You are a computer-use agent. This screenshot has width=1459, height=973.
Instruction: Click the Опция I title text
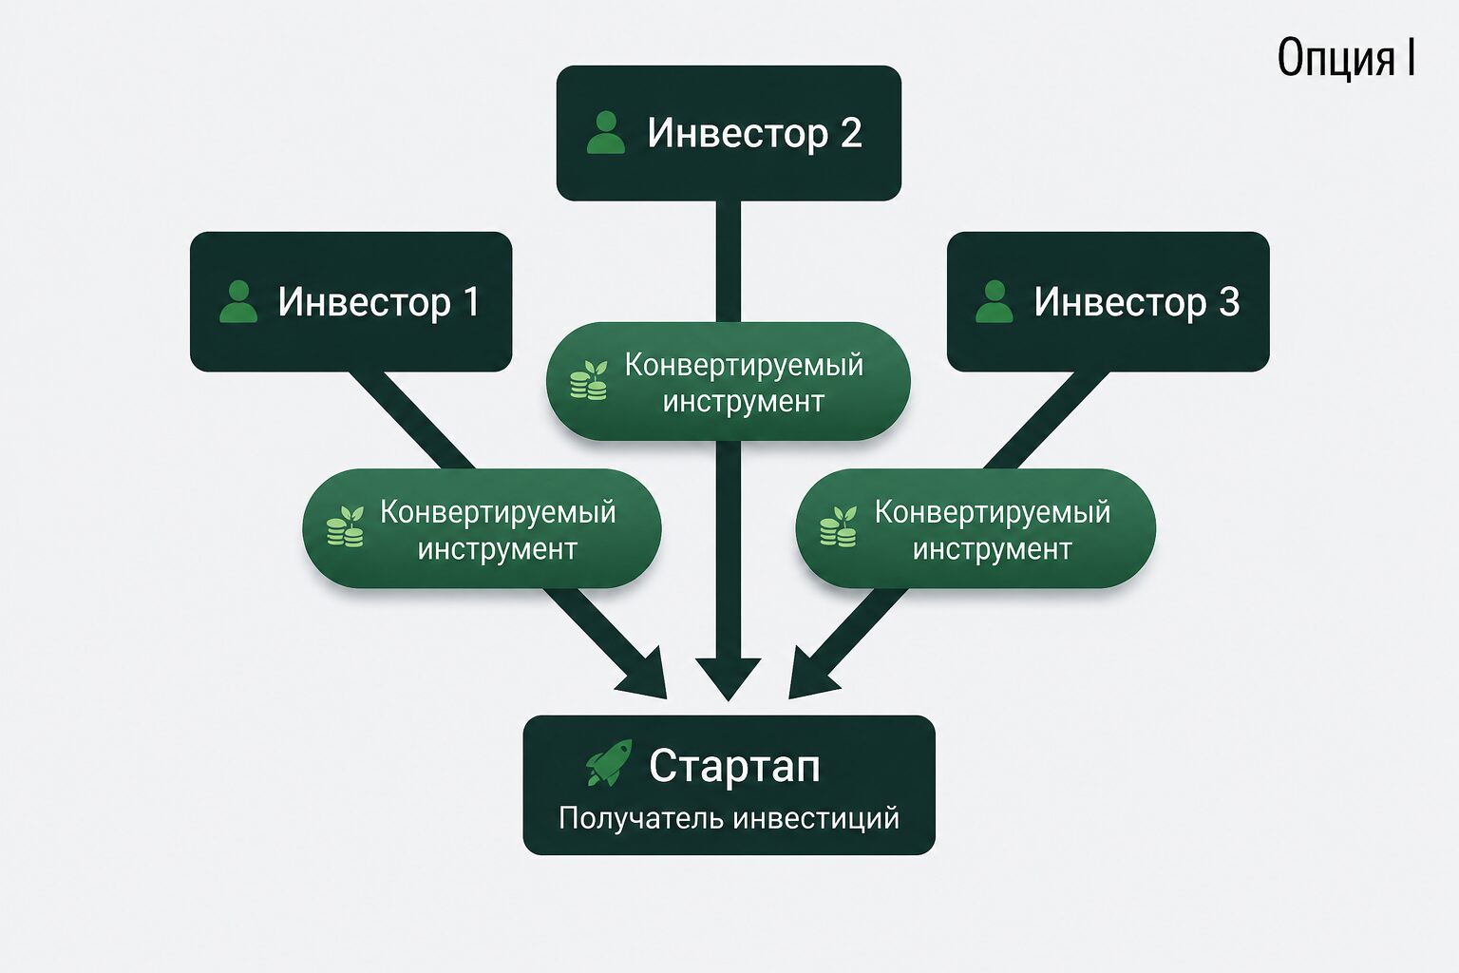[1346, 58]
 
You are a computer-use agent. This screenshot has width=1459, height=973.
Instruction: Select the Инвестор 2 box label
[754, 133]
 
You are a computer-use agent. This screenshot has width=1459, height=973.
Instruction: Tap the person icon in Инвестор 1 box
[238, 301]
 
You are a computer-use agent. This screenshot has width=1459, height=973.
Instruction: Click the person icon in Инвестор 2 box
[606, 132]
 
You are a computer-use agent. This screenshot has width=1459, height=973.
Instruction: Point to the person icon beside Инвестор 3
[995, 301]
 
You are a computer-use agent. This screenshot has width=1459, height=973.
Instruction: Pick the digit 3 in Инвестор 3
[1228, 302]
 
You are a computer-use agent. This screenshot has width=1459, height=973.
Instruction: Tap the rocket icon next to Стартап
[608, 762]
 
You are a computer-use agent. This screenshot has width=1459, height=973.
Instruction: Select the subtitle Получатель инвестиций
[729, 818]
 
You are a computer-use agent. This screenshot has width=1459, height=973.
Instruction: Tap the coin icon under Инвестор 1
[345, 526]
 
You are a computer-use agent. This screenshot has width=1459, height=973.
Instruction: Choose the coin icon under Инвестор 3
[838, 526]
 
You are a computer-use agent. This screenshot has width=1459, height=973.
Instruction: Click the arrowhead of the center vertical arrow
[729, 677]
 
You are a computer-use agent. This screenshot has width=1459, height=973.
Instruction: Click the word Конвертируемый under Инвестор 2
[744, 366]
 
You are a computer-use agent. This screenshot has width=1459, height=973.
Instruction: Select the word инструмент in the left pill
[497, 549]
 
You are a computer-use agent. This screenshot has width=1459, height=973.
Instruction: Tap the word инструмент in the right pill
[992, 549]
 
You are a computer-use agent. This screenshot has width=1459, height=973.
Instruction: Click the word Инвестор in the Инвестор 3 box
[1120, 302]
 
